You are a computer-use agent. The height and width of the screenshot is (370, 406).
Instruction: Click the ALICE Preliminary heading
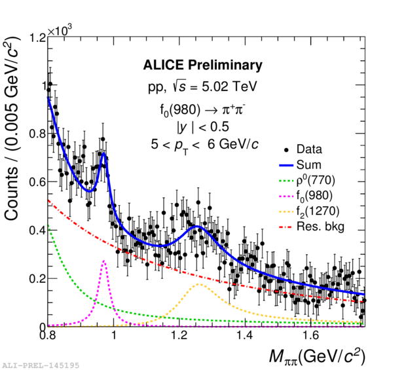click(x=202, y=65)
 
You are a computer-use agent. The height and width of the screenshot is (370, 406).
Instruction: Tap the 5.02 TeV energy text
click(x=221, y=86)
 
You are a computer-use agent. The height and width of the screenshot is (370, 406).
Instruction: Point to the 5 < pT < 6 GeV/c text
click(x=203, y=143)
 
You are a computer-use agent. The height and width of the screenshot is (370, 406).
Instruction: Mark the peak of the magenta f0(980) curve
click(x=104, y=261)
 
